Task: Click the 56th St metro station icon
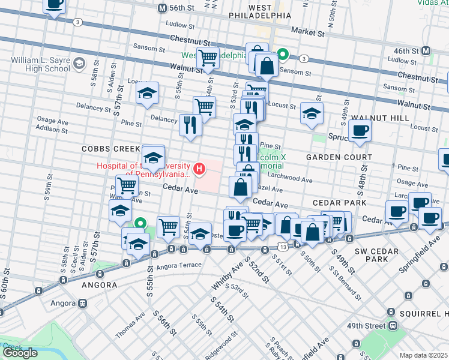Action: (x=161, y=8)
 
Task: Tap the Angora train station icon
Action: (x=80, y=304)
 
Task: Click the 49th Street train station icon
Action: (x=393, y=325)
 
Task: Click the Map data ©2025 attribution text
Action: (x=423, y=355)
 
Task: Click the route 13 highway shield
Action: (x=282, y=247)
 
